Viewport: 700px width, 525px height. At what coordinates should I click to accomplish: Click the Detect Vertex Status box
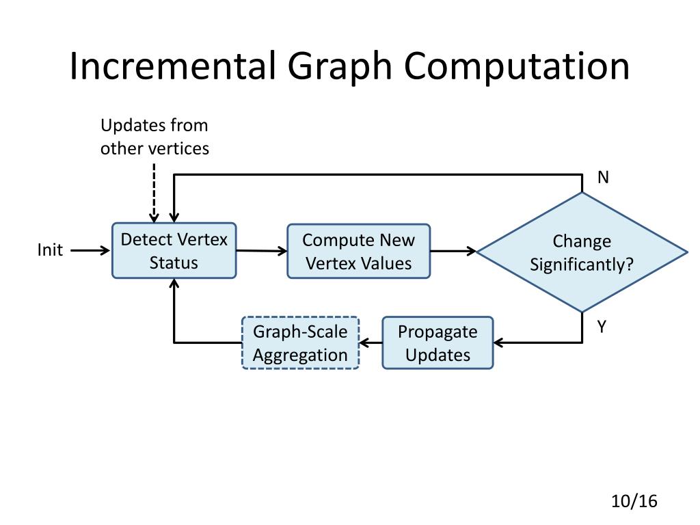(174, 251)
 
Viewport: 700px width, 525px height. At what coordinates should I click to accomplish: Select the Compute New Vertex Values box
(358, 251)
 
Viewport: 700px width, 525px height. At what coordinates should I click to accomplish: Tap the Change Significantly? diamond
(582, 252)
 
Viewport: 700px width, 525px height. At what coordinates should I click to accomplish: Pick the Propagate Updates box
(437, 343)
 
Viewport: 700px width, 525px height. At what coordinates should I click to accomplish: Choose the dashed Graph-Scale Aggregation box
(300, 343)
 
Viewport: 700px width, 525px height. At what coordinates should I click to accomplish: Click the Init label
(50, 250)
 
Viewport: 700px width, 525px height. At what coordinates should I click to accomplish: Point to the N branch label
(602, 178)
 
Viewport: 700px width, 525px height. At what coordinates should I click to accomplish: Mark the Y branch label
(602, 327)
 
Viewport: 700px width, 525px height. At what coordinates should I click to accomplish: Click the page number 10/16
(634, 501)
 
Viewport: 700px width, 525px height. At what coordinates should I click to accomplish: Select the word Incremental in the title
(173, 66)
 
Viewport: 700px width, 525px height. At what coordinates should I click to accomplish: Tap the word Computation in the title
(516, 66)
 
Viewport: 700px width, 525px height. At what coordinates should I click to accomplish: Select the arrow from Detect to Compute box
(262, 251)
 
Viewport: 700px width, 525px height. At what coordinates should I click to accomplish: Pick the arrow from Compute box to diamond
(453, 251)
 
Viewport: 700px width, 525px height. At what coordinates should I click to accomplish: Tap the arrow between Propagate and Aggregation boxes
(371, 342)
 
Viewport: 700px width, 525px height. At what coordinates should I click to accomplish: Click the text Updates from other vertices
(154, 137)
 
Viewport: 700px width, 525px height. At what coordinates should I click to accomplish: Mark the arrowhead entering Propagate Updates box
(498, 342)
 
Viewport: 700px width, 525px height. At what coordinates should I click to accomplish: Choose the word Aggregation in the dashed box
(300, 355)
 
